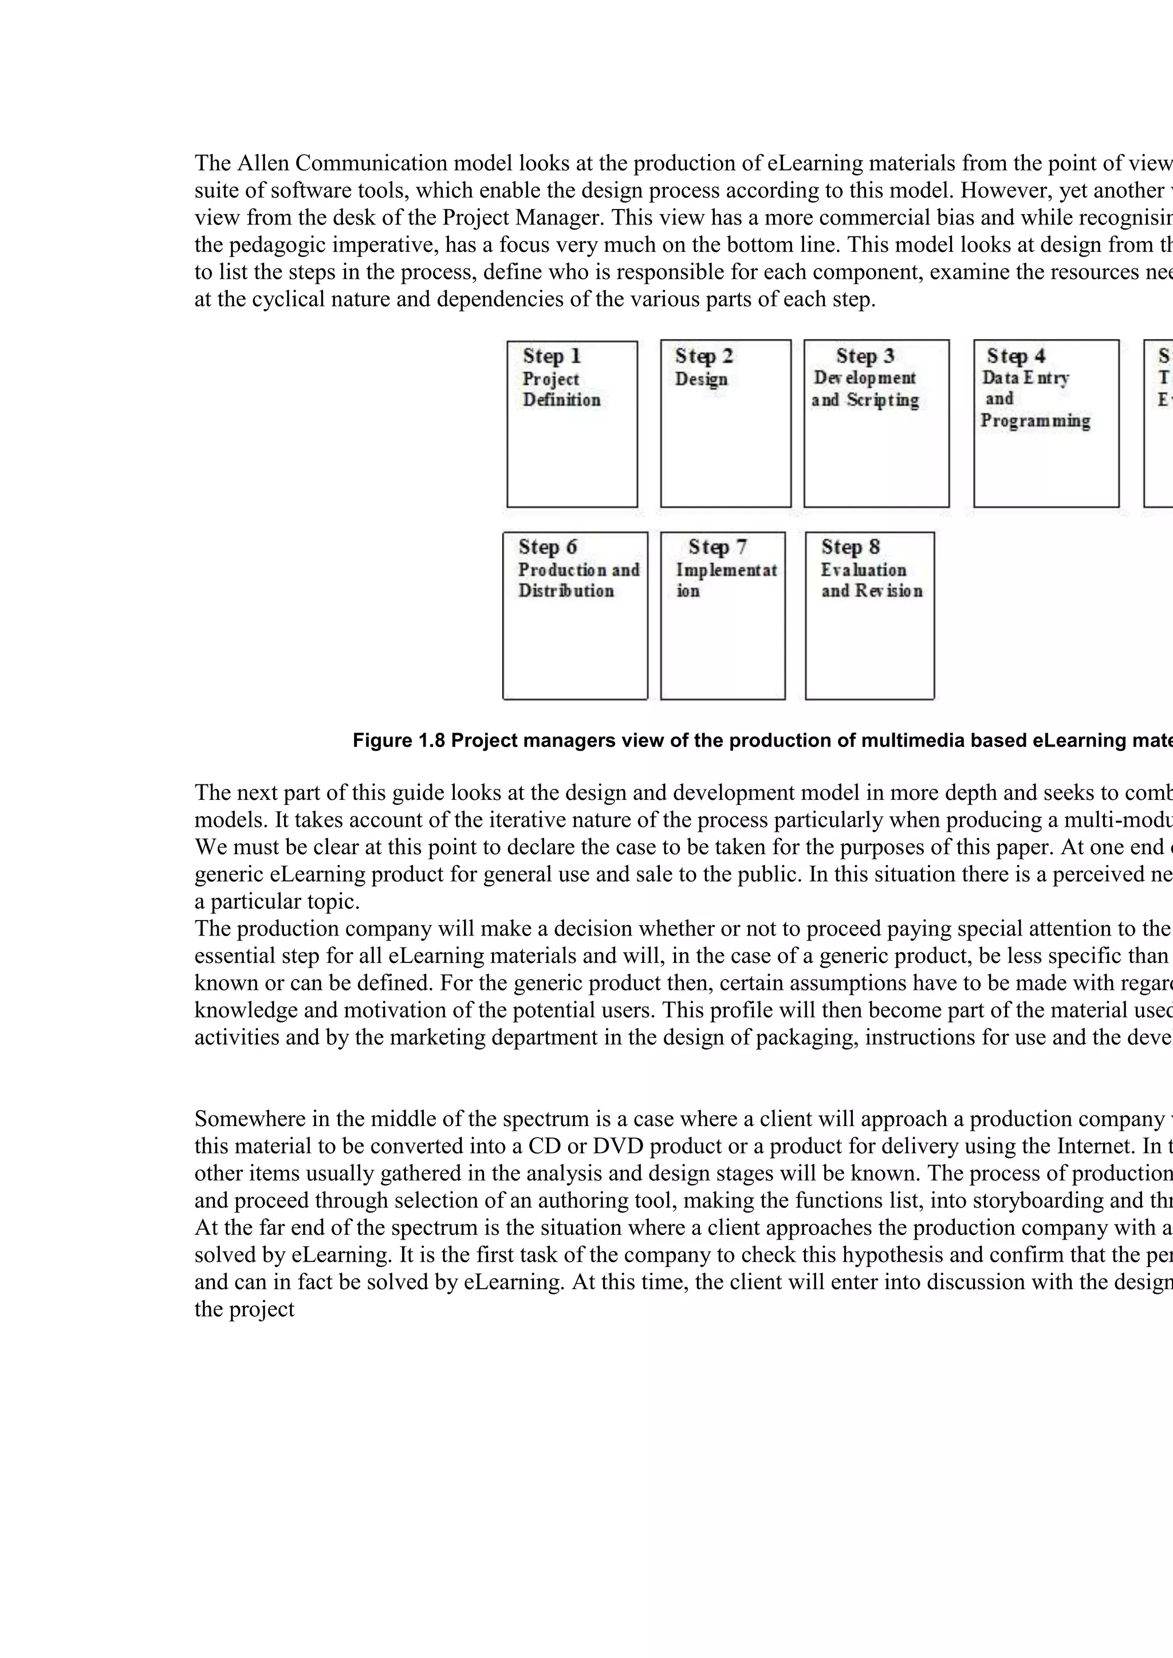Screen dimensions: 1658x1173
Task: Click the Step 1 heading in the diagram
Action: coord(552,356)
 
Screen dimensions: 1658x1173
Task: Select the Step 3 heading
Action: coord(865,356)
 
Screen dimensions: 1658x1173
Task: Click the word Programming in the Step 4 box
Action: coord(1035,421)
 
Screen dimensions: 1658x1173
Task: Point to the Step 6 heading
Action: coord(548,547)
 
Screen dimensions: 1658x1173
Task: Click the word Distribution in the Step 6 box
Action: coord(565,591)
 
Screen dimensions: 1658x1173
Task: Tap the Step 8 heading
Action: coord(850,547)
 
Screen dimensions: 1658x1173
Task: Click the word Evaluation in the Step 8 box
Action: coord(863,570)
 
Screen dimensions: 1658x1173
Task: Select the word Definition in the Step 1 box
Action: coord(561,400)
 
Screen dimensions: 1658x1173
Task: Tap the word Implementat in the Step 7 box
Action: coord(726,570)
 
